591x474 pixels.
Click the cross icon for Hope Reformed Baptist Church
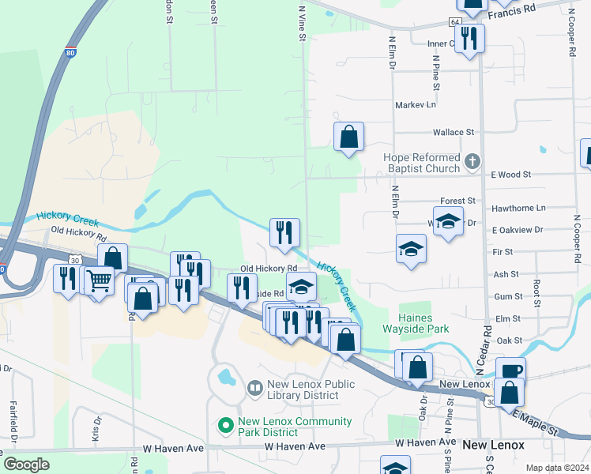point(472,162)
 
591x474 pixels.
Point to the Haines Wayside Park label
point(423,322)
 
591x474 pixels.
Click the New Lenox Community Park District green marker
point(227,426)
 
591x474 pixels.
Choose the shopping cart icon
point(100,280)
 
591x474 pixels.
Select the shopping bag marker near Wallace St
point(348,137)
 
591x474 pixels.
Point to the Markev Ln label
point(415,104)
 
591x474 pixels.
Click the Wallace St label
point(453,133)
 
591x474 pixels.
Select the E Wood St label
point(511,174)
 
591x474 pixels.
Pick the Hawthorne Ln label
point(518,208)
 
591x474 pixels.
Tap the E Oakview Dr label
point(517,230)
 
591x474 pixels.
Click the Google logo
point(26,465)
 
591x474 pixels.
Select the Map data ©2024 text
point(556,468)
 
